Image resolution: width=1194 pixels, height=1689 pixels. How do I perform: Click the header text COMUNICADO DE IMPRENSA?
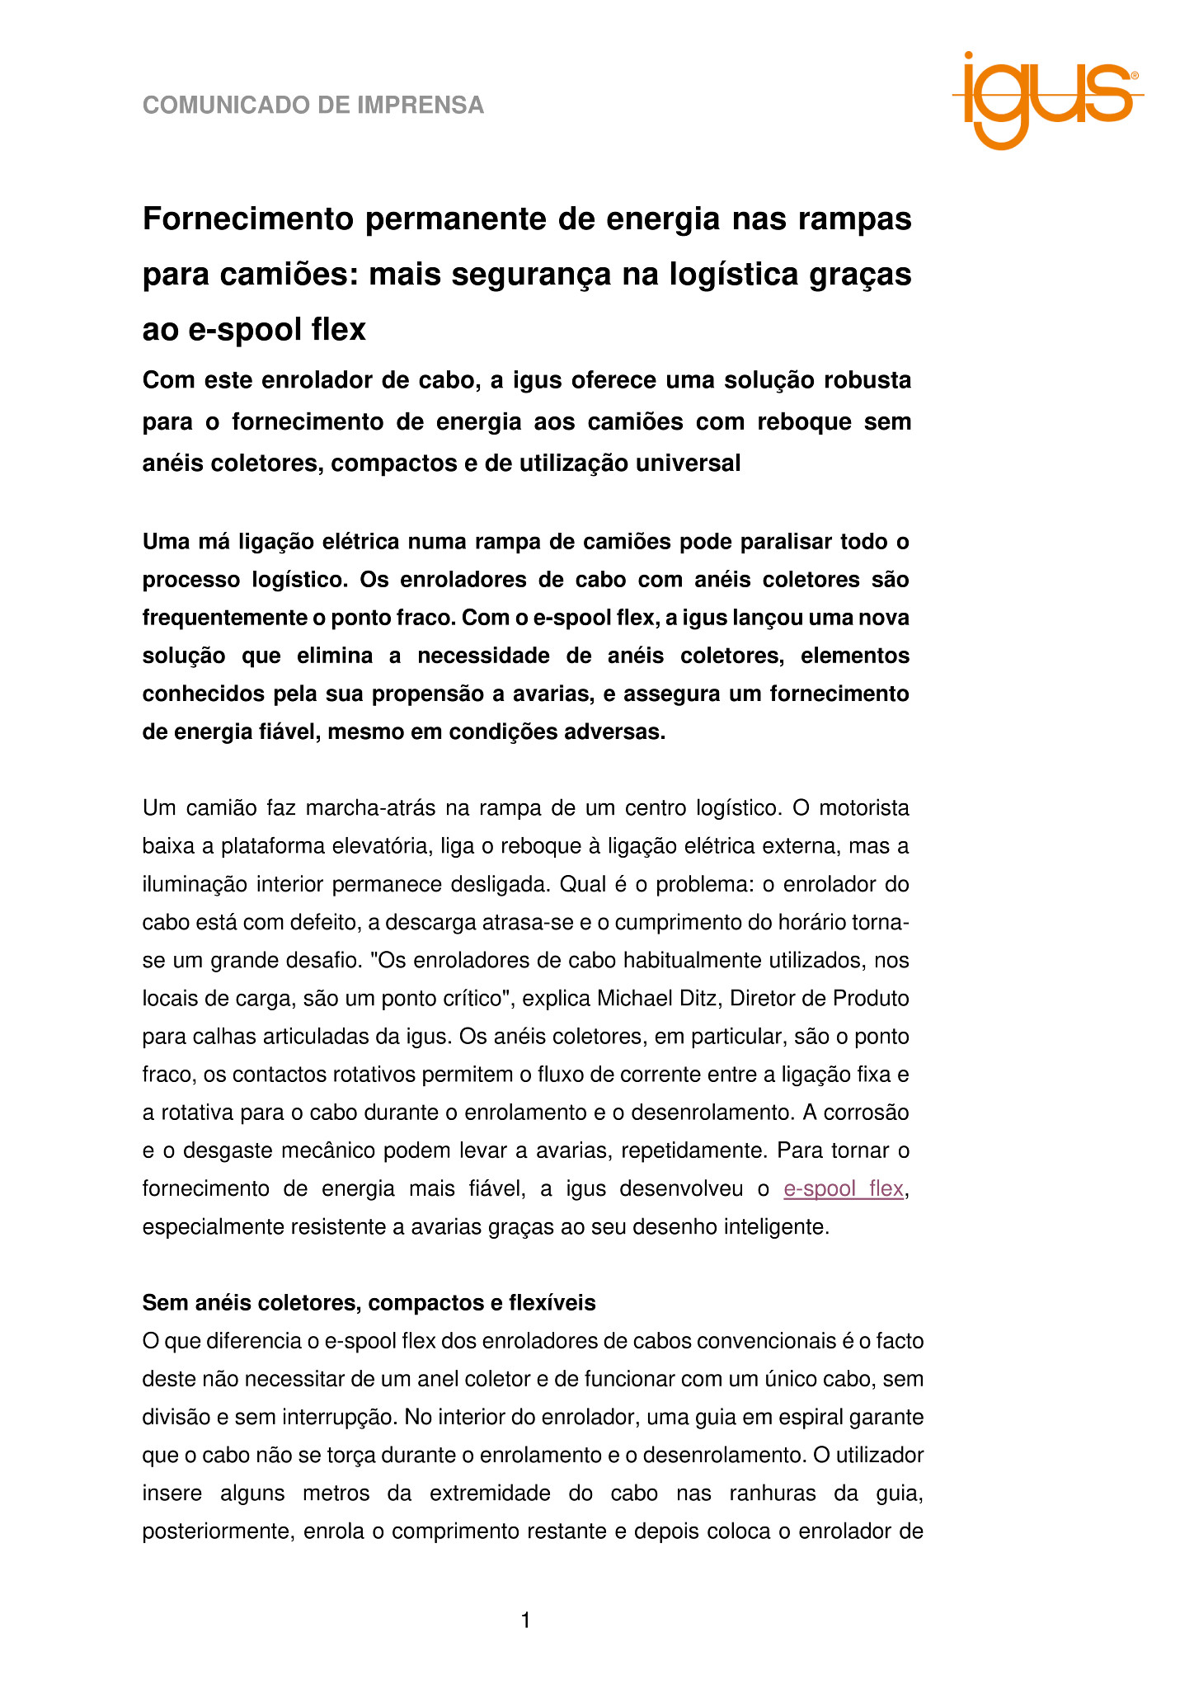(313, 106)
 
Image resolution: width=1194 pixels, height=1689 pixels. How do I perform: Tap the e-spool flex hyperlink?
(843, 1189)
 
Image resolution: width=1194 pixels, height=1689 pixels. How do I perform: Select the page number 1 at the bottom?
(526, 1621)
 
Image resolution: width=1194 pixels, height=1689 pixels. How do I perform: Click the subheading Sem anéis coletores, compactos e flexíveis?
(369, 1303)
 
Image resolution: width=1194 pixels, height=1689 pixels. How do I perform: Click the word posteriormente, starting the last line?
(217, 1532)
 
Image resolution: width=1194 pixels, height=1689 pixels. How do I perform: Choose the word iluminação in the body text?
(195, 885)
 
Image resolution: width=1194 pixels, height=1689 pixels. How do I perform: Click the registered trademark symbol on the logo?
(1135, 75)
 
